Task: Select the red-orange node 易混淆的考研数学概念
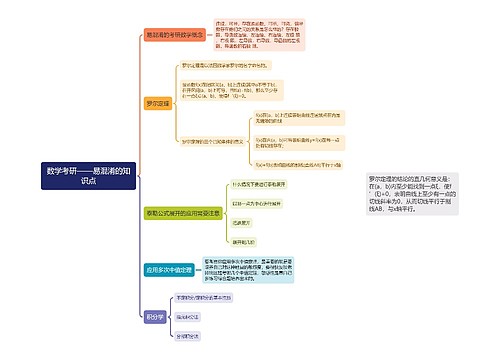pyautogui.click(x=175, y=35)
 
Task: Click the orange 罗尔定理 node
pyautogui.click(x=157, y=102)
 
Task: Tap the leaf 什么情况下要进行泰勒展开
pyautogui.click(x=260, y=185)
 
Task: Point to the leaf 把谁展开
pyautogui.click(x=241, y=223)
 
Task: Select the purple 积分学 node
pyautogui.click(x=154, y=315)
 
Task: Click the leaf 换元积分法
pyautogui.click(x=190, y=315)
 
